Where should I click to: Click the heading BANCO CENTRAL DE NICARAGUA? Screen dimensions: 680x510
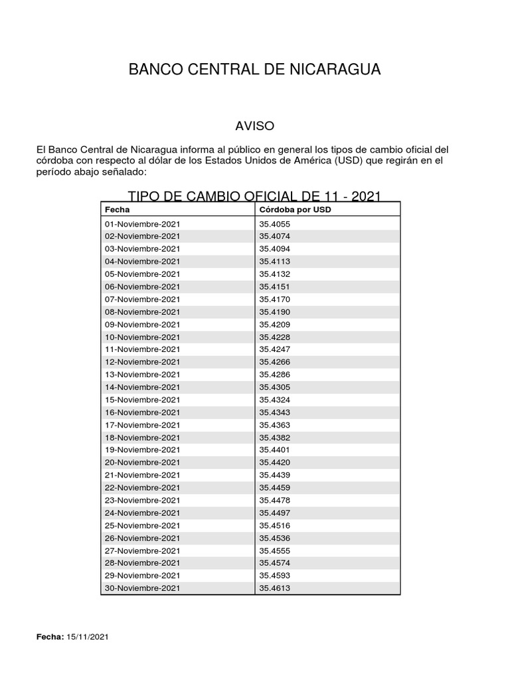(254, 70)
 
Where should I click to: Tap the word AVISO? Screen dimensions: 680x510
(255, 126)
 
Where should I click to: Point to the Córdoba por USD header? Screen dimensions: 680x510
(295, 210)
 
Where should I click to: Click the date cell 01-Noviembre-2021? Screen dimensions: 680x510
(142, 224)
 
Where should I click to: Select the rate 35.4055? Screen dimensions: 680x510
(275, 224)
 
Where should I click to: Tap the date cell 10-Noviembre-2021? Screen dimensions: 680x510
(142, 337)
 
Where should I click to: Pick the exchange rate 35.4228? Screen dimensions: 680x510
(275, 337)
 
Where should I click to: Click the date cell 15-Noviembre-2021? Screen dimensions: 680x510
(142, 400)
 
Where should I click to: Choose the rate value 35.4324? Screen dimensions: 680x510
(275, 400)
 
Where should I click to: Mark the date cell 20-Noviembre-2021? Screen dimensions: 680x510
(142, 462)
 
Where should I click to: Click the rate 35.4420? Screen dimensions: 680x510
(275, 462)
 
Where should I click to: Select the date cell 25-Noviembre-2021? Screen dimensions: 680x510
(142, 525)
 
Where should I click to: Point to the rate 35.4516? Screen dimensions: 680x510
(275, 525)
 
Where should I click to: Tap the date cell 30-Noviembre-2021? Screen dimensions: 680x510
(142, 588)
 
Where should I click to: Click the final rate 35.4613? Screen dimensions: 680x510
(275, 588)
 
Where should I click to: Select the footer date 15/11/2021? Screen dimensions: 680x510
(87, 637)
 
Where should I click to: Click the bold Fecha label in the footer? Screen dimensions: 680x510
(50, 637)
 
